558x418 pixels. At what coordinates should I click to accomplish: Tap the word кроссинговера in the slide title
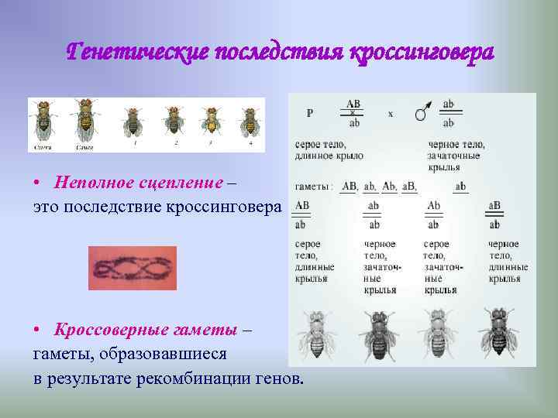422,53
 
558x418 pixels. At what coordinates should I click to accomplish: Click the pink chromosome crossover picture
133,268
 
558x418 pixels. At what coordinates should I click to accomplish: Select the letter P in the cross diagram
310,113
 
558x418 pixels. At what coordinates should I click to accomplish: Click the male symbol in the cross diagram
422,113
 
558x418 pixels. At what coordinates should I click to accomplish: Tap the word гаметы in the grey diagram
314,187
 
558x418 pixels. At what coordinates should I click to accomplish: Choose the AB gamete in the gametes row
350,187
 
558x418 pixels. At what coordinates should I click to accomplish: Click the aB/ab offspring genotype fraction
494,214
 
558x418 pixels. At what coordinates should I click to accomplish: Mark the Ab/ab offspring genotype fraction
433,214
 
